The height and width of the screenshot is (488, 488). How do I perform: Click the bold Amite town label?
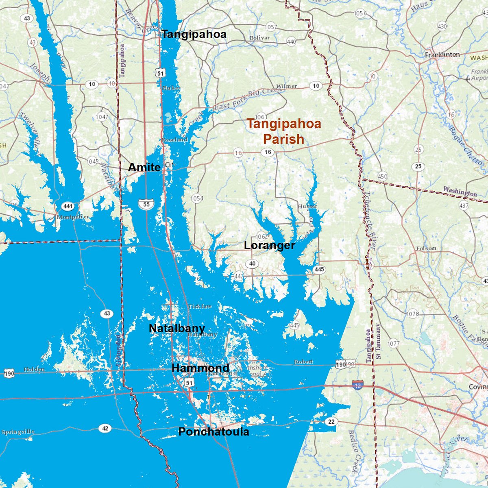144,167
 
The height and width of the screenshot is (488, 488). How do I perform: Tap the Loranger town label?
269,245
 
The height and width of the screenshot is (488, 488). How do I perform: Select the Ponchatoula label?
213,431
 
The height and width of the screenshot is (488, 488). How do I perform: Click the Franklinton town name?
442,54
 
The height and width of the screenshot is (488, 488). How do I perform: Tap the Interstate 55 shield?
146,204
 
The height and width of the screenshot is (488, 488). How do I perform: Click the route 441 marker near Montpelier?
68,207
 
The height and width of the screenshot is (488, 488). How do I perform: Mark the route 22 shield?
331,422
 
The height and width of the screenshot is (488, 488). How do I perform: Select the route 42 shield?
105,428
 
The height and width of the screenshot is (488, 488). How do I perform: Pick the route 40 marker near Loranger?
252,264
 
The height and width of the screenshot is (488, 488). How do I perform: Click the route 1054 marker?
197,198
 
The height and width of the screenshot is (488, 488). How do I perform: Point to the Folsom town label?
426,248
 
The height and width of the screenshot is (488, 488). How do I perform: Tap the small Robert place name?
303,362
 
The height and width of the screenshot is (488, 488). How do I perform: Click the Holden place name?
34,369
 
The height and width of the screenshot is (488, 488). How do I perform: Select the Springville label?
18,432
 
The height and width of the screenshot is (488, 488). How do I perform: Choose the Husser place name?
307,206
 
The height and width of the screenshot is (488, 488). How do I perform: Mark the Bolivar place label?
259,38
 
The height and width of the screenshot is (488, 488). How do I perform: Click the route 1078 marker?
412,314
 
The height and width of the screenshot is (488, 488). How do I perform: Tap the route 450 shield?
382,176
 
